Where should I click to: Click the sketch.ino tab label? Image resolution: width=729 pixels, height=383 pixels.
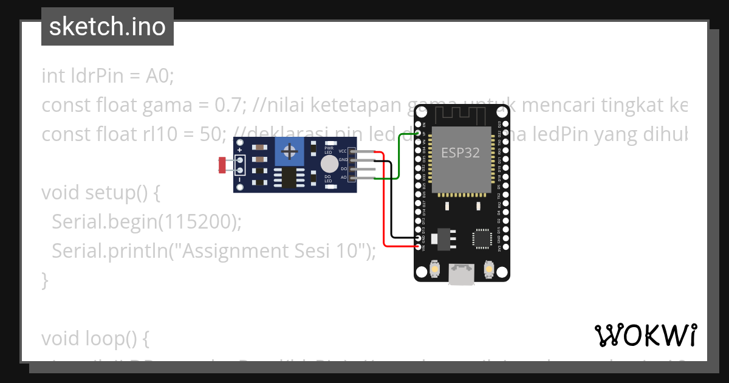[x=108, y=27]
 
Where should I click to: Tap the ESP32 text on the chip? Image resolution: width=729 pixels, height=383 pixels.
[x=460, y=153]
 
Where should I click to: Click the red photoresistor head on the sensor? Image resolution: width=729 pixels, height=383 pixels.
[x=222, y=164]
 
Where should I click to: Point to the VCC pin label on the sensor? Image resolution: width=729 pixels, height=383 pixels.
[x=343, y=151]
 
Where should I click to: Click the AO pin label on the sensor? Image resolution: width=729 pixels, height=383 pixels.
[x=343, y=178]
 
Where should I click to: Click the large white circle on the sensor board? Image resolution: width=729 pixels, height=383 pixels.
[x=329, y=164]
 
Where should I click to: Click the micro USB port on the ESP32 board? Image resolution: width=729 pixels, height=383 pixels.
[x=462, y=275]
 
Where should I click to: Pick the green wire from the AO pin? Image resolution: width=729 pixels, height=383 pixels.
[x=399, y=158]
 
